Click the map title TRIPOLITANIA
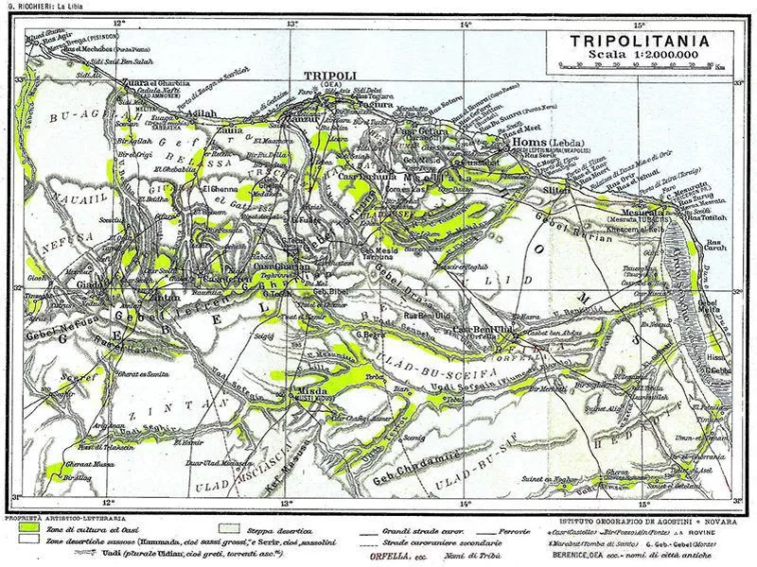648,42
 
